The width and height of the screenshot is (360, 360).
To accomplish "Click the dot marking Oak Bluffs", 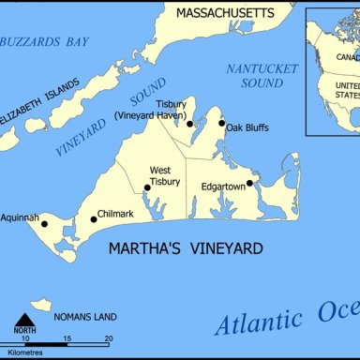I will [x=222, y=123].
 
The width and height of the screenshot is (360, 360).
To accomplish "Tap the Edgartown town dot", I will [x=249, y=183].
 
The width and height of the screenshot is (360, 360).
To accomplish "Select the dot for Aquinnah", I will [x=44, y=223].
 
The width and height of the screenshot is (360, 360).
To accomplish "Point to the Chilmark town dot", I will [x=94, y=219].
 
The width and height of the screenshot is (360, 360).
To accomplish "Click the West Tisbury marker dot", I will [x=147, y=187].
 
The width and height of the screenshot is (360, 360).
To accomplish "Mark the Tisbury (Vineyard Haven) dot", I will [x=189, y=123].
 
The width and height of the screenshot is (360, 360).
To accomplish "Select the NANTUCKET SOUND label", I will [x=262, y=76].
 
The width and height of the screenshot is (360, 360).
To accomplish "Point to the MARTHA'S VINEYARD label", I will [x=185, y=248].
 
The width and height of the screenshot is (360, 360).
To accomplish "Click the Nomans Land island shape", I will [x=40, y=305].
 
